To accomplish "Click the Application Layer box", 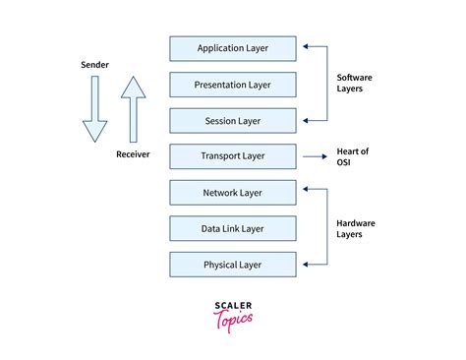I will [x=232, y=48].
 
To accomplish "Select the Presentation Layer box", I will [x=232, y=84].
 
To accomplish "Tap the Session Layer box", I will [x=232, y=120].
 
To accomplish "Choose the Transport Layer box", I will [x=232, y=155].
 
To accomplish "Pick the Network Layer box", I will [x=232, y=192].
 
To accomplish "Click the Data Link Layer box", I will [x=232, y=228].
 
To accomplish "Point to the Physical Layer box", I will [x=232, y=264].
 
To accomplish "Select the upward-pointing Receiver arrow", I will [x=133, y=110].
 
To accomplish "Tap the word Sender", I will [x=94, y=65].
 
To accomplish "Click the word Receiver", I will [x=134, y=154].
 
